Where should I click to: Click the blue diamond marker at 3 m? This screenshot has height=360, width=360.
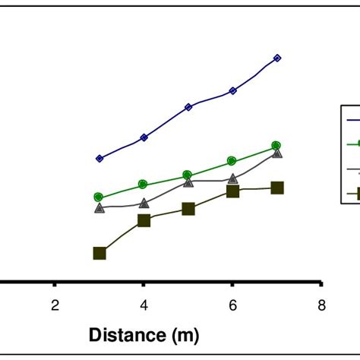tap(99, 158)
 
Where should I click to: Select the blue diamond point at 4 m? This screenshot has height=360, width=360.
tap(144, 137)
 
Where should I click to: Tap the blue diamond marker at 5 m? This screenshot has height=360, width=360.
tap(188, 107)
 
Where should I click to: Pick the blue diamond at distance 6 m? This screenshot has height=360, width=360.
tap(232, 90)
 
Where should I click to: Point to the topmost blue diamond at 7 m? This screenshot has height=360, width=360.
tap(277, 58)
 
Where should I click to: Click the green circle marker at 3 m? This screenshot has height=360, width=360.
tap(99, 197)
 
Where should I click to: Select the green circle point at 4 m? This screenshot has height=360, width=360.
tap(144, 185)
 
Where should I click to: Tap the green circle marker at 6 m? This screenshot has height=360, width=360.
tap(232, 161)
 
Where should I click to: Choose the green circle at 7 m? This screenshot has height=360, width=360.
tap(276, 145)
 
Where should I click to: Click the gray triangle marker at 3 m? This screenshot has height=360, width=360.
tap(99, 207)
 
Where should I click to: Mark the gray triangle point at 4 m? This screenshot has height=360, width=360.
tap(144, 203)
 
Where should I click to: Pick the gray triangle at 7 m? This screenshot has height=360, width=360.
tap(277, 153)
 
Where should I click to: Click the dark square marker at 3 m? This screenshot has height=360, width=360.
tap(99, 253)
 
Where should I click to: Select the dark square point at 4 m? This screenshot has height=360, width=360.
tap(144, 220)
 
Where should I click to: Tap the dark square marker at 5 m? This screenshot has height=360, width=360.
tap(188, 208)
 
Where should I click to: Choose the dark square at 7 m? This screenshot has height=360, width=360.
tap(277, 188)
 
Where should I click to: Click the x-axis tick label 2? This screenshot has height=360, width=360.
tap(55, 305)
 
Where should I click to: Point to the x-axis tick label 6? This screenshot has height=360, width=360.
tap(232, 305)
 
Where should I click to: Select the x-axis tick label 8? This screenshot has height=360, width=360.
tap(322, 305)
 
